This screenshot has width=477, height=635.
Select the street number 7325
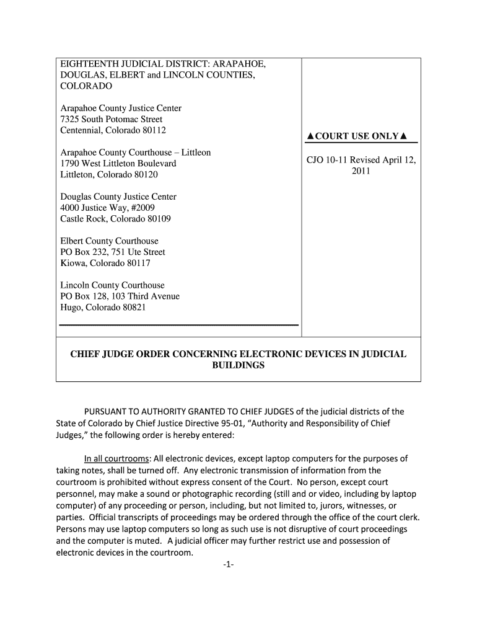pyautogui.click(x=70, y=119)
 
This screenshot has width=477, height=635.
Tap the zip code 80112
pyautogui.click(x=153, y=130)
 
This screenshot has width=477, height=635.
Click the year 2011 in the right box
pyautogui.click(x=361, y=171)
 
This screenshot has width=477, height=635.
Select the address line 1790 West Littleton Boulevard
pyautogui.click(x=118, y=164)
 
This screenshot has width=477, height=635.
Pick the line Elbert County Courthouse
pyautogui.click(x=109, y=241)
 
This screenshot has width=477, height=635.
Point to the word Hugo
pyautogui.click(x=71, y=308)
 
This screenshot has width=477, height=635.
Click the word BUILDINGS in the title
pyautogui.click(x=239, y=366)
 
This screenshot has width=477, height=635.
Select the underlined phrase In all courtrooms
pyautogui.click(x=116, y=459)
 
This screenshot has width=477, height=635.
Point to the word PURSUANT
pyautogui.click(x=106, y=412)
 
